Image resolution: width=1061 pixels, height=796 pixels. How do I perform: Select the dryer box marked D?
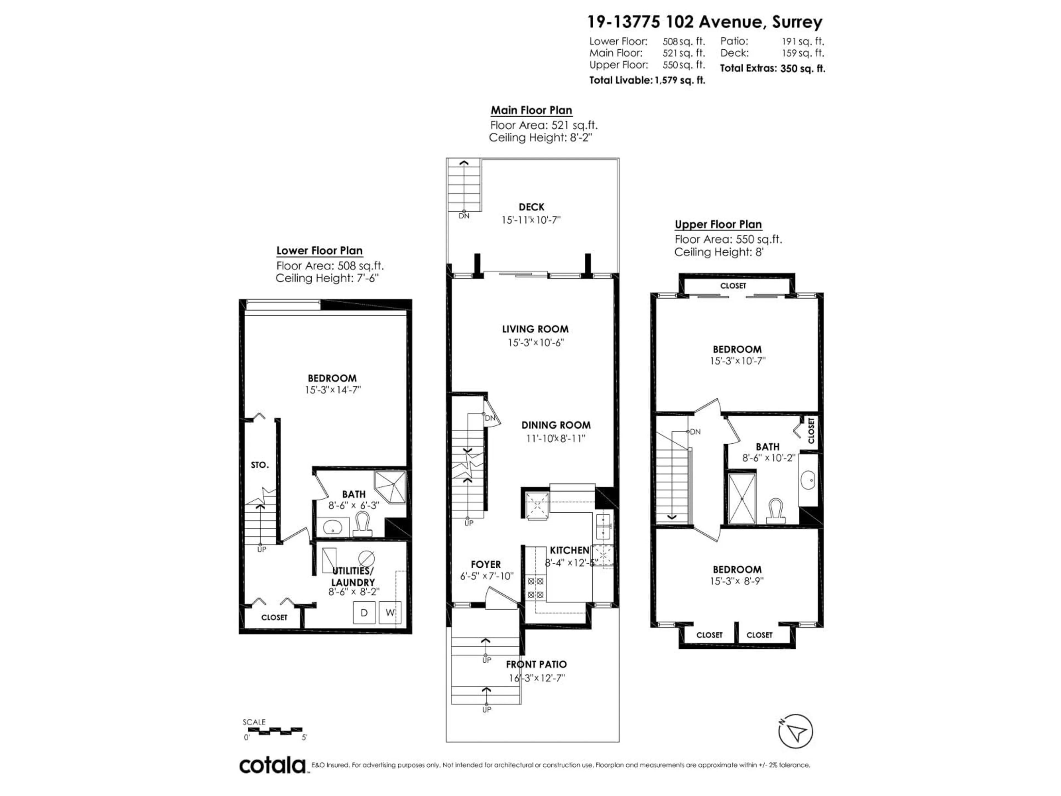364,613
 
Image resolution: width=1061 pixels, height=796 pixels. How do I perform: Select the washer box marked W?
390,613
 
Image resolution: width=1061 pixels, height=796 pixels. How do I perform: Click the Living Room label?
535,329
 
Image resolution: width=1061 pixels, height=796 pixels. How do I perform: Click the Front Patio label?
536,664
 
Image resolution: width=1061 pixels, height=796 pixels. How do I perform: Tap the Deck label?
531,207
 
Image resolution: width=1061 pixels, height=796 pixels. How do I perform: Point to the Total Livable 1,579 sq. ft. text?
647,80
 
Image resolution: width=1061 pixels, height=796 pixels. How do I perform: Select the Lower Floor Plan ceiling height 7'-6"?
327,278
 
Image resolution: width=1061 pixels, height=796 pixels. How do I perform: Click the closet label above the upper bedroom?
733,286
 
